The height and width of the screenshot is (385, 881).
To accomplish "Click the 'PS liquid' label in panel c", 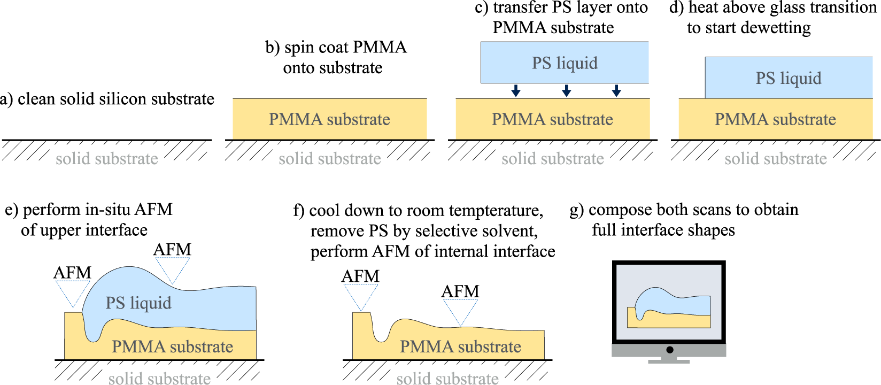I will tap(565, 63).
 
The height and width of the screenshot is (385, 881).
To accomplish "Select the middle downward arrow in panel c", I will tap(566, 90).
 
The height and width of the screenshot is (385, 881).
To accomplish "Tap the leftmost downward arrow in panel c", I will tap(515, 90).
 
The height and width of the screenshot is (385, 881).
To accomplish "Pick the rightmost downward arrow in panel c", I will tap(616, 90).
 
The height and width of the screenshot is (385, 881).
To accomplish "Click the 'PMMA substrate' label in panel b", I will tap(329, 119).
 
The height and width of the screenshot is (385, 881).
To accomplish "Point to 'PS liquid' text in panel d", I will tap(788, 79).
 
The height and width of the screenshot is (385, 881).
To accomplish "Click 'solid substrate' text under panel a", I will tap(107, 159).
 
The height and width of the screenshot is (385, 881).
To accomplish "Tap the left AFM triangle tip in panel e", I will tap(73, 306).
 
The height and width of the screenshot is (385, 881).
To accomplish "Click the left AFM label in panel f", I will tap(360, 276).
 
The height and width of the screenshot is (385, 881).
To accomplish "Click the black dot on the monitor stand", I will tap(669, 350).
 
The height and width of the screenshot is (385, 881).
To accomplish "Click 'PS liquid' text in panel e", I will tap(138, 303).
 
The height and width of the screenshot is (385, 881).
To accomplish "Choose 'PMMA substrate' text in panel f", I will tap(460, 346).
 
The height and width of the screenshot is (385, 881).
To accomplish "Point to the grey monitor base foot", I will tap(669, 361).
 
